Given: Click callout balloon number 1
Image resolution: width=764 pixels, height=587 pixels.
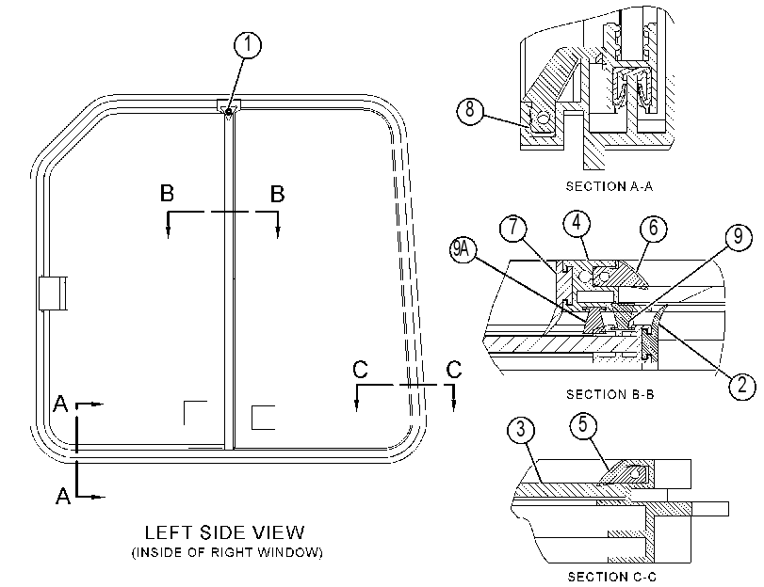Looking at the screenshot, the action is click(248, 45).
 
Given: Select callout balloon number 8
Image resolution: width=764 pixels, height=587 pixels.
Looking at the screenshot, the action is click(470, 110).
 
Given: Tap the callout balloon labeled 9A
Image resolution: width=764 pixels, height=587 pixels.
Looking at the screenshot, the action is click(462, 250).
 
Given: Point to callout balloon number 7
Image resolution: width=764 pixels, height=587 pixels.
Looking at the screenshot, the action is click(513, 229).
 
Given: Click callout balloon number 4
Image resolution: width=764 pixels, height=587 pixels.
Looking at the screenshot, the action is click(577, 223).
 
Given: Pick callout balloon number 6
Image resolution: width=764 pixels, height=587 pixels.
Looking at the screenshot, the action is click(654, 228).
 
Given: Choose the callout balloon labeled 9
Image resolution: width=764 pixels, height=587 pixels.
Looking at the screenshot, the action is click(739, 237).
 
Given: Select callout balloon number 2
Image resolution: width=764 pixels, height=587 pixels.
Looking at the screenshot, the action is click(742, 386).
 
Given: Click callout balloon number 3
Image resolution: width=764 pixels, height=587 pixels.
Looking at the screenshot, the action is click(521, 430).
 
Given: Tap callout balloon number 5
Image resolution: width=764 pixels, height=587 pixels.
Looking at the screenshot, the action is click(583, 425).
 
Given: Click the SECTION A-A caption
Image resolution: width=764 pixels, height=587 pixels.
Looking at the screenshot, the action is click(610, 186).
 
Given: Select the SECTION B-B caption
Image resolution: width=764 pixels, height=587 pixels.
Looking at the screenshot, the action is click(610, 394).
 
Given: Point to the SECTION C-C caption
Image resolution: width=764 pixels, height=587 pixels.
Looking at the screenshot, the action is click(612, 577).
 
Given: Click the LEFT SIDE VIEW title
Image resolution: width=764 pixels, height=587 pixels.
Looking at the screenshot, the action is click(224, 532).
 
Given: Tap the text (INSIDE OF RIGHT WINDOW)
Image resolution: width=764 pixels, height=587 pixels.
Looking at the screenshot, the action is click(227, 552).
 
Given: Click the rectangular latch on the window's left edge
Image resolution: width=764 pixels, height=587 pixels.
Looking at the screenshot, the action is click(53, 293).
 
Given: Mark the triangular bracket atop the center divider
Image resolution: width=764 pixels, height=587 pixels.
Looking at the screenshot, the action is click(229, 107).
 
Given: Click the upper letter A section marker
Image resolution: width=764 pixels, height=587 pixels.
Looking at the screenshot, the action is click(60, 404).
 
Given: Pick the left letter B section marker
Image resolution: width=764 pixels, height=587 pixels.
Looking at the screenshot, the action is click(167, 193).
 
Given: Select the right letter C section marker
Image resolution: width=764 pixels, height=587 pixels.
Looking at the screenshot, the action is click(454, 370).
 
